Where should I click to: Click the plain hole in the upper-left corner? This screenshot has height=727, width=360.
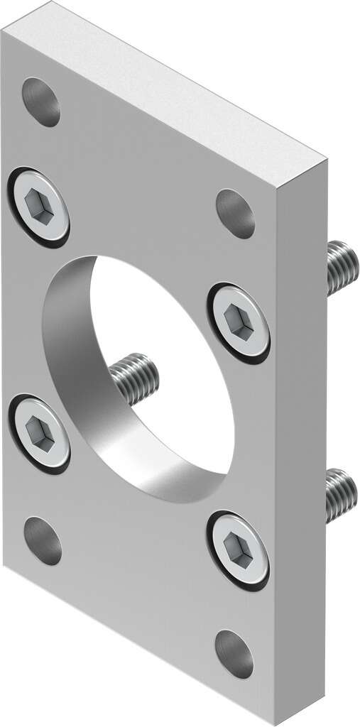coord(41,102)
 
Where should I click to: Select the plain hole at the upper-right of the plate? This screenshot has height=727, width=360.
coord(235,213)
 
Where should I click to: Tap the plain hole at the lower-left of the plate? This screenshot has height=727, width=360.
coord(43,540)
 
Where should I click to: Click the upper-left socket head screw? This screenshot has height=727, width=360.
coord(39,206)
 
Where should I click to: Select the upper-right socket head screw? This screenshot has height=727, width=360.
coord(239,322)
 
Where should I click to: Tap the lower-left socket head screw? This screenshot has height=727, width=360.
coord(39,432)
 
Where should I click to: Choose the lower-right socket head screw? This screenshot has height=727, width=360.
coord(239,550)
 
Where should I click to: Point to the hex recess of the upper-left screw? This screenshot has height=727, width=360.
coord(38,205)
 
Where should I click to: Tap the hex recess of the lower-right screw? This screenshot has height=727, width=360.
coord(237,548)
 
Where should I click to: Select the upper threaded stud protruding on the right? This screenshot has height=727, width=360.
coord(342,267)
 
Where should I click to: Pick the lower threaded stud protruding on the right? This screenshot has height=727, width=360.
coord(342,494)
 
